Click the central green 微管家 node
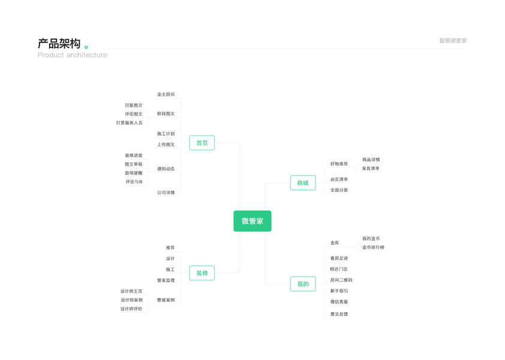pos(252,221)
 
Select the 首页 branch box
pos(202,143)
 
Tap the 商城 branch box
pos(302,183)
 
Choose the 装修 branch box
pos(202,273)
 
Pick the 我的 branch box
pos(302,284)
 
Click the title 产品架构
pos(59,44)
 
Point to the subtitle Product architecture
pos(72,55)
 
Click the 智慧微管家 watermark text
pos(452,41)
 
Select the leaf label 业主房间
pos(166,95)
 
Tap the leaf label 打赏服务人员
pos(129,123)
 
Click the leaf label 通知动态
pos(166,169)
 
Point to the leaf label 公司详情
pos(166,193)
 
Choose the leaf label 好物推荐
pos(339,164)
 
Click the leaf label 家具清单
pos(371,169)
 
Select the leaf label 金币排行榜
pos(373,247)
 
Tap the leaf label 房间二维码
pos(341,280)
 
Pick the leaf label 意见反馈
pos(339,314)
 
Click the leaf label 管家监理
pos(166,281)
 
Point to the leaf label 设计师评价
pos(131,309)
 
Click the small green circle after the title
pos(86,47)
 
